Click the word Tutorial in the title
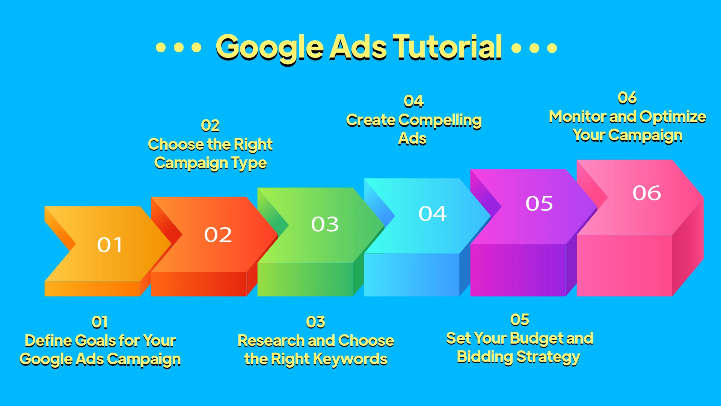click(x=447, y=47)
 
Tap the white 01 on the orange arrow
click(x=110, y=245)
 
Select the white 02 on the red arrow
click(x=218, y=235)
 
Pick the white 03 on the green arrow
click(x=325, y=224)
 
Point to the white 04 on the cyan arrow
click(x=433, y=214)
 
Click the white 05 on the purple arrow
click(x=539, y=204)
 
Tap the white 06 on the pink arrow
click(x=647, y=193)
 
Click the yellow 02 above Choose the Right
click(x=210, y=126)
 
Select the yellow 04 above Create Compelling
click(x=413, y=101)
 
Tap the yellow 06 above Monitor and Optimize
click(x=627, y=98)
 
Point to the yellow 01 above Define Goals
click(x=100, y=322)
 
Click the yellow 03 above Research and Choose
click(x=315, y=322)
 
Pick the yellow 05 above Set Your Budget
click(x=520, y=320)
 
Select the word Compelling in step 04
click(x=440, y=120)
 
